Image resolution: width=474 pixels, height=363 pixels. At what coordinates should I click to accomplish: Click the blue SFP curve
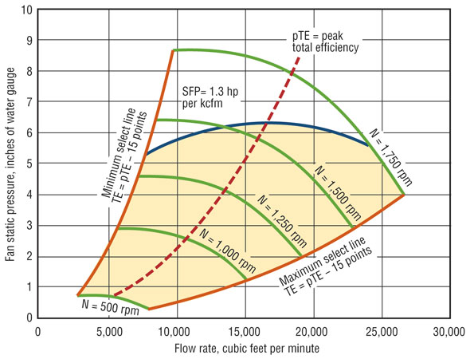[263, 124]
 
